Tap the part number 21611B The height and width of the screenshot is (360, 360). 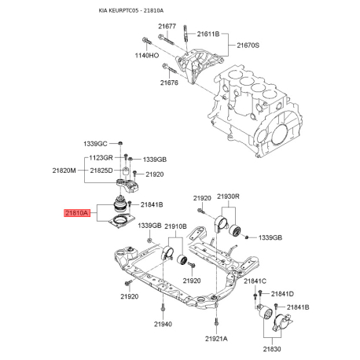(x=208, y=35)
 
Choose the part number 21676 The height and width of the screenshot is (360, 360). (x=170, y=83)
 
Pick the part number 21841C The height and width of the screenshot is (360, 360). (x=255, y=281)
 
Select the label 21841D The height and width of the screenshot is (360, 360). (x=279, y=293)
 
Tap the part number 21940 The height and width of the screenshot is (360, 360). (x=163, y=324)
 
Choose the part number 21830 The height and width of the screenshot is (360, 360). (x=271, y=348)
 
